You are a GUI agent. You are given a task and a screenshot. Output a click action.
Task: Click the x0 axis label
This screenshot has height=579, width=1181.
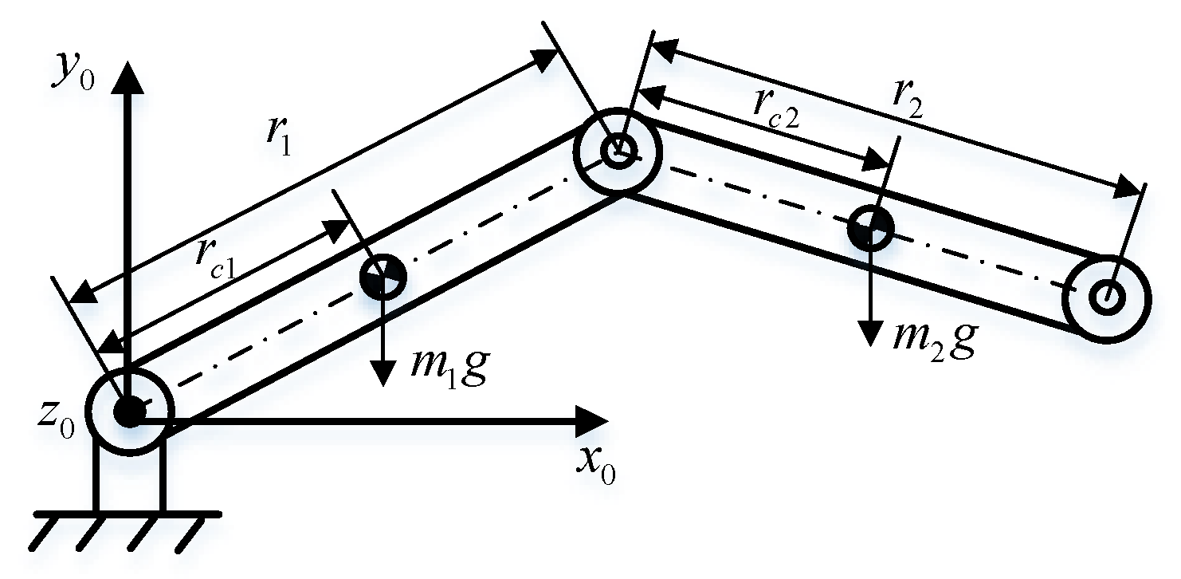[595, 468]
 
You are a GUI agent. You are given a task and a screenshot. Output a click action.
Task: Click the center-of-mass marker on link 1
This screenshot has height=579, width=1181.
[383, 278]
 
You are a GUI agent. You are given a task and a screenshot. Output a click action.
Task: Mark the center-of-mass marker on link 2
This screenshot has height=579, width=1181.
[870, 229]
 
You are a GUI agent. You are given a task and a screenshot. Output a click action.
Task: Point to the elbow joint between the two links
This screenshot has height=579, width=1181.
[618, 151]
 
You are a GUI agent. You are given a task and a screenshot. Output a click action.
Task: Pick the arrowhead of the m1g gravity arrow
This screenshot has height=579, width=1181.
[383, 375]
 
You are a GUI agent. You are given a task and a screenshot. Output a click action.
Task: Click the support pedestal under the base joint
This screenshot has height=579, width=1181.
[128, 479]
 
